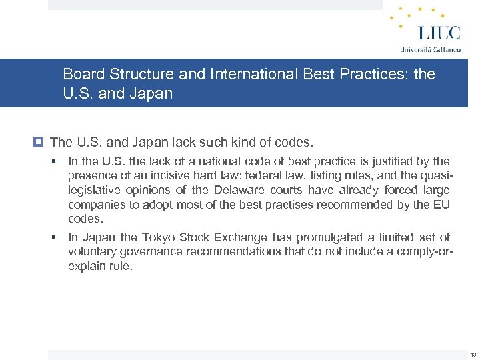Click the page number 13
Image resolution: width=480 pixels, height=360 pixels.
tap(473, 354)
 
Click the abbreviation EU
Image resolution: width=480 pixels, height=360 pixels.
tap(441, 205)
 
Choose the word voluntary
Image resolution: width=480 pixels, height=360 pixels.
tap(91, 251)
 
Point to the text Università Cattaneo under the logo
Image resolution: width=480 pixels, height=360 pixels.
tap(430, 49)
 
